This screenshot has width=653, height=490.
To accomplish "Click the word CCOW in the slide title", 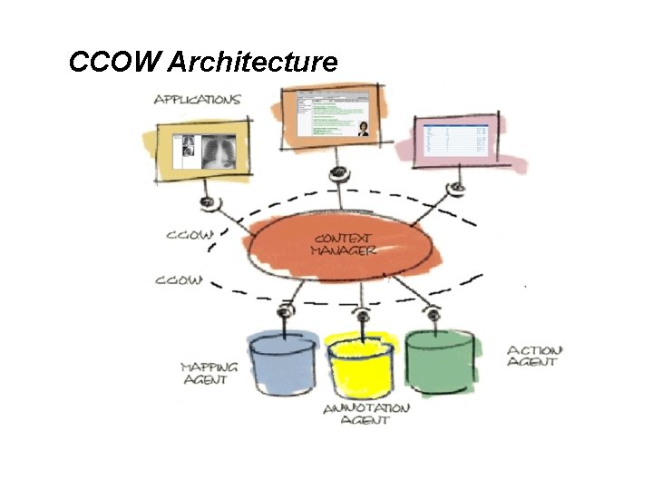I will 115,63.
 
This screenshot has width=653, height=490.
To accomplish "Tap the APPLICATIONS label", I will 197,98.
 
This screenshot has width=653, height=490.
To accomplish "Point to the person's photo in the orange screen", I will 363,129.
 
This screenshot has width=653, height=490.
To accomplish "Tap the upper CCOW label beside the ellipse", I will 190,235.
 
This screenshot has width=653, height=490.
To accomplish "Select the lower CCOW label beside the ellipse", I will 179,280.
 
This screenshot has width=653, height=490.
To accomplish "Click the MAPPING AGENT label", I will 210,373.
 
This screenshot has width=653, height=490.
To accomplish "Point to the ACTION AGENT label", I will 534,356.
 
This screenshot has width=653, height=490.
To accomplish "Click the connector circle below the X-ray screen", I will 208,201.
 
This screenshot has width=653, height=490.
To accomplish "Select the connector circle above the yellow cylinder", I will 362,317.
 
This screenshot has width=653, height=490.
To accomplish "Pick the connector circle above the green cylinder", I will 434,314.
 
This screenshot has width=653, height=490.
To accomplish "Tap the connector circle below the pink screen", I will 456,188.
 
